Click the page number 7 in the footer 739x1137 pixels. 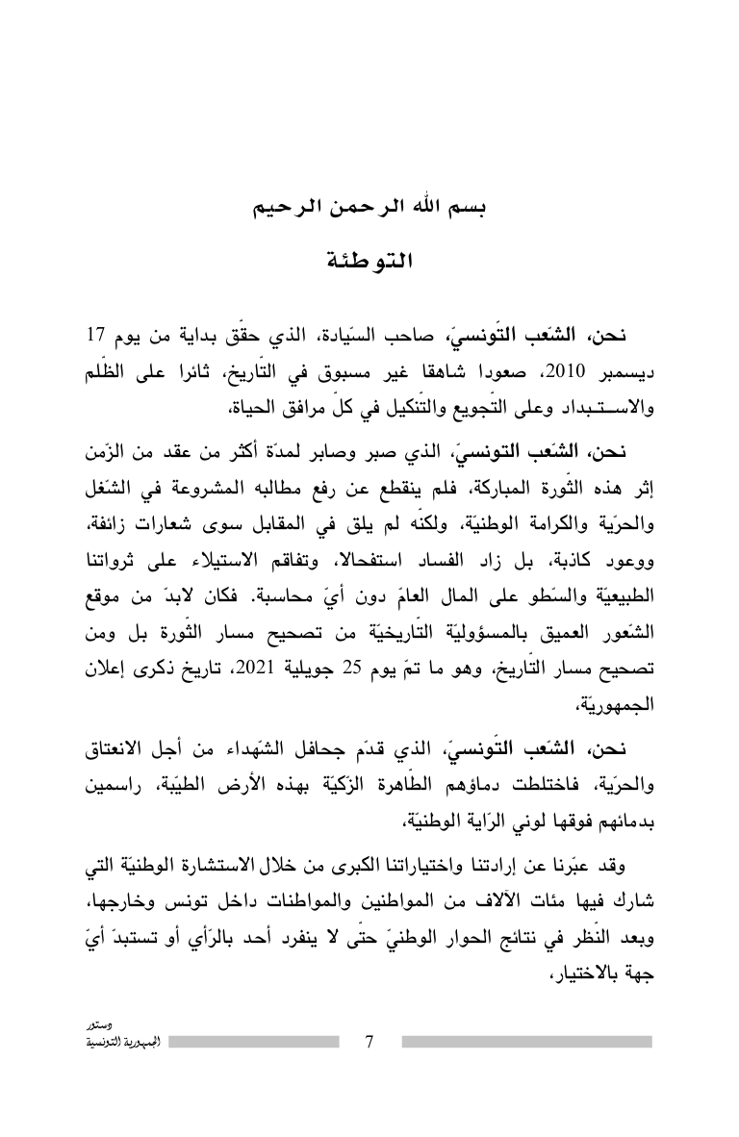(x=370, y=1042)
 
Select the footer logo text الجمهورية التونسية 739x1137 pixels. (x=110, y=1043)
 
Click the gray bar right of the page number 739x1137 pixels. (x=526, y=1042)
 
